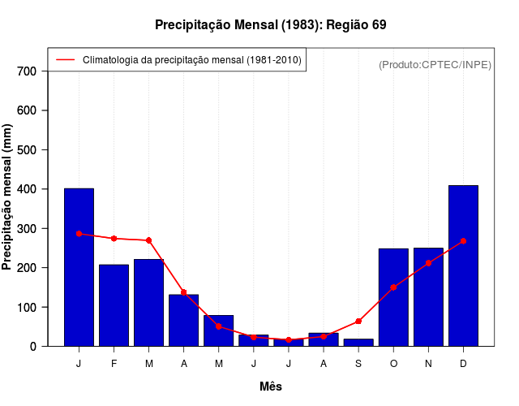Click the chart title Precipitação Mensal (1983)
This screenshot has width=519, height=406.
click(x=270, y=25)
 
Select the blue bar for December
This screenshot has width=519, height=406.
click(x=463, y=266)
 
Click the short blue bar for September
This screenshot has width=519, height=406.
click(x=358, y=343)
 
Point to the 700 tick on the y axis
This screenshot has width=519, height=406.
click(x=28, y=71)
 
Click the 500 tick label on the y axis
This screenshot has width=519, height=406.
click(x=28, y=150)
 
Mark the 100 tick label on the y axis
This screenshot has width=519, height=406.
click(x=28, y=308)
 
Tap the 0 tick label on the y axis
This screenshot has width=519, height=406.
click(x=32, y=347)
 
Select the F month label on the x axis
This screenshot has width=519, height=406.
click(x=114, y=364)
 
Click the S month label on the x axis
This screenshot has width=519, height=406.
click(x=358, y=364)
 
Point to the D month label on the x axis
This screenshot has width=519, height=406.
click(x=463, y=364)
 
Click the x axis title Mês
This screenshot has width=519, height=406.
click(x=271, y=387)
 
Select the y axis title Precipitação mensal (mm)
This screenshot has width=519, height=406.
click(x=8, y=197)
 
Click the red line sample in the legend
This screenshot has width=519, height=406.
click(x=65, y=60)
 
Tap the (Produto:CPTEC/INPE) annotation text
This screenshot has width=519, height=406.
click(x=435, y=64)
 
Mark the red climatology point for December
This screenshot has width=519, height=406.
click(x=463, y=241)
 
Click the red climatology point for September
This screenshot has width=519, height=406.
click(x=358, y=322)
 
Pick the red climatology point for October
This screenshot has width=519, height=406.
click(x=393, y=287)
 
